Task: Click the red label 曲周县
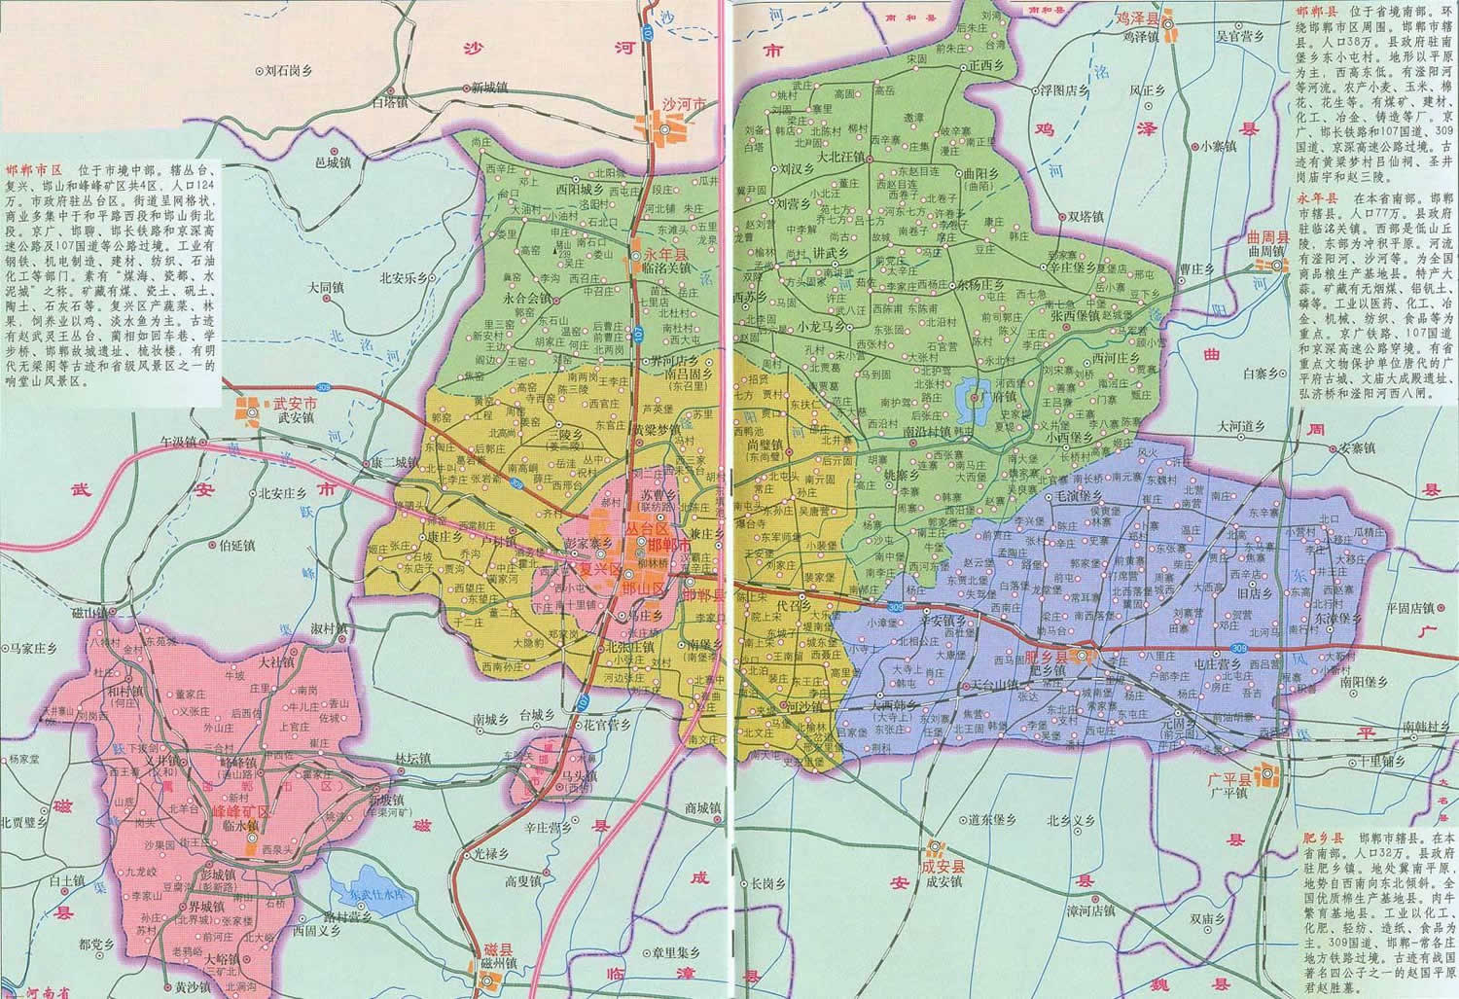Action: click(x=1270, y=237)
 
